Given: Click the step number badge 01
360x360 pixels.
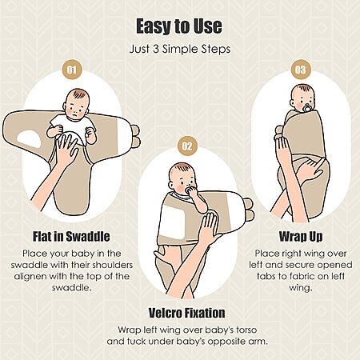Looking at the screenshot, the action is point(71,70).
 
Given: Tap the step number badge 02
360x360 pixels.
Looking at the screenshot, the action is point(187,146).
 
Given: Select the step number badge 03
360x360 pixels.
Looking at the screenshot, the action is point(300,70).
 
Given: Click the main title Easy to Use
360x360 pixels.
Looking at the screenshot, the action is point(179,26).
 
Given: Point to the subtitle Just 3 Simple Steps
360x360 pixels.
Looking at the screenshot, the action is point(180,50).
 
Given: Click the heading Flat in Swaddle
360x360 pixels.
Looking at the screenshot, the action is point(71,237).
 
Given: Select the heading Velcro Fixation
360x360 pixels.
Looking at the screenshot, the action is point(186,313).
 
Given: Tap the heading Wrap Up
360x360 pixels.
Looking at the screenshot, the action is point(301,237).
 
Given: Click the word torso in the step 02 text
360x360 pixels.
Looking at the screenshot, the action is point(246,330).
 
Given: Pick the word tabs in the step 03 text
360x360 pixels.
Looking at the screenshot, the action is point(266,276).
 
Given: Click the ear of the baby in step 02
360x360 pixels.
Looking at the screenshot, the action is point(172,185).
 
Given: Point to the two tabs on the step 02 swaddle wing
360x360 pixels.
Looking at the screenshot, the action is point(249,210).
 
